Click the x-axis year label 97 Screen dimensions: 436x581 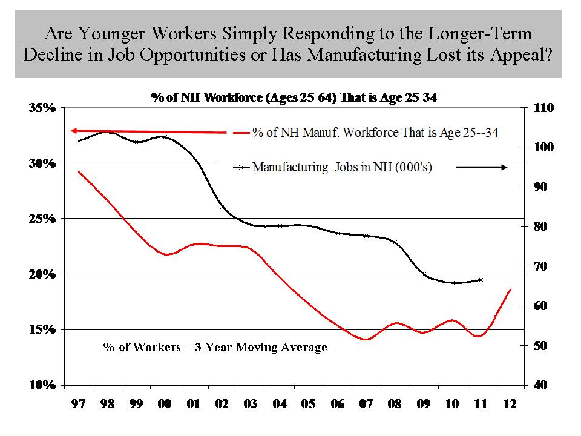pyautogui.click(x=77, y=404)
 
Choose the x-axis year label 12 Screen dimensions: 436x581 pyautogui.click(x=510, y=404)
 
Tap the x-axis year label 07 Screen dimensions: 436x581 pyautogui.click(x=366, y=404)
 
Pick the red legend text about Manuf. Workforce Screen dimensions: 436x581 pyautogui.click(x=375, y=133)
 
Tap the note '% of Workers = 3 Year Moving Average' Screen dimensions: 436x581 pyautogui.click(x=215, y=347)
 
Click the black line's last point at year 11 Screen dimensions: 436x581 pyautogui.click(x=481, y=280)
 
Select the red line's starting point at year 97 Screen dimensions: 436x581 pyautogui.click(x=79, y=171)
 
